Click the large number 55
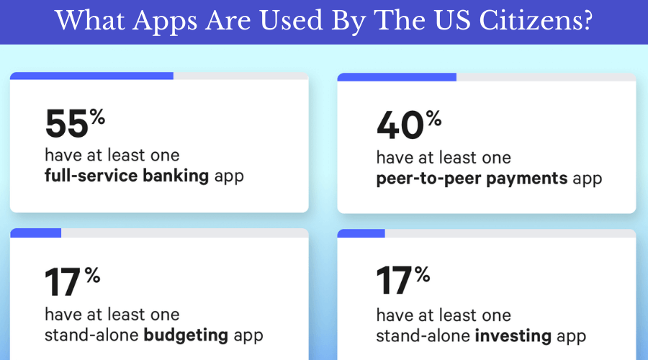(x=66, y=124)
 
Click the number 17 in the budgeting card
(x=63, y=283)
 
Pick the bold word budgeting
(x=187, y=335)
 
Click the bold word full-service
(x=88, y=175)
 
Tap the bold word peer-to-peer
(x=421, y=179)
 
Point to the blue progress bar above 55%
(x=91, y=75)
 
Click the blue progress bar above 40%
(x=397, y=77)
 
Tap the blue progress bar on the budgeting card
(x=35, y=233)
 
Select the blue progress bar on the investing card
(x=361, y=233)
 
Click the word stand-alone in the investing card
(x=422, y=336)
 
